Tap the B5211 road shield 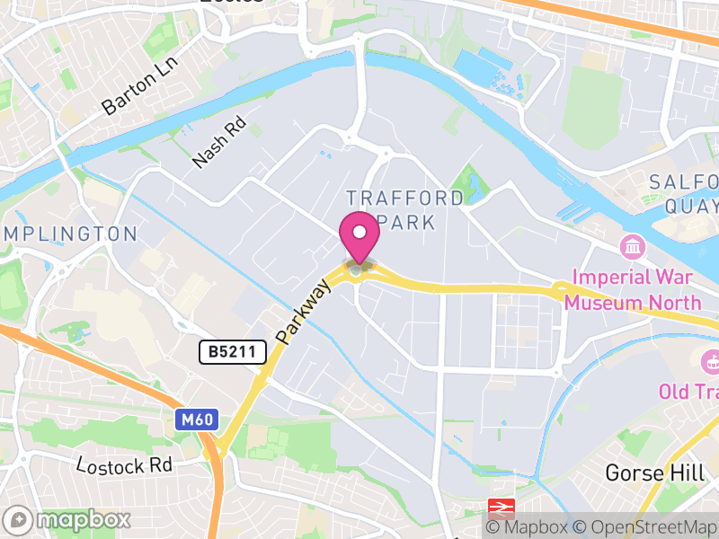pos(233,352)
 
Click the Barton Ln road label pos(141,90)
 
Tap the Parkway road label pos(305,314)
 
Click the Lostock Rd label pos(124,465)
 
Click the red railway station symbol pos(499,508)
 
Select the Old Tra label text pos(688,392)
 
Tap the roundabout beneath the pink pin pos(359,269)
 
